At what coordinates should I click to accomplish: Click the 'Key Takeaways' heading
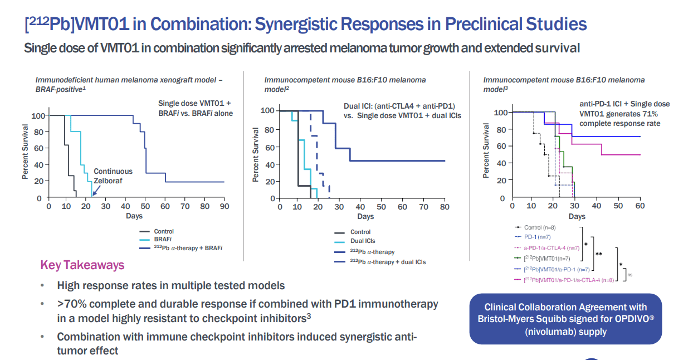[x=82, y=265]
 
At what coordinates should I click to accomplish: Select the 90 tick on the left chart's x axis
[x=223, y=206]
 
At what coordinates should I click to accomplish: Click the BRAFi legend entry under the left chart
[x=163, y=240]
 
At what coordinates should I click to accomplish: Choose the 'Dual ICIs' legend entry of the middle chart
[x=363, y=241]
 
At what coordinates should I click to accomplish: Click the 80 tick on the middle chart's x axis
[x=445, y=207]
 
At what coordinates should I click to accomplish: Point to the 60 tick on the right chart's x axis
[x=640, y=206]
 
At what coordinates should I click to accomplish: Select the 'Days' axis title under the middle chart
[x=365, y=216]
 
